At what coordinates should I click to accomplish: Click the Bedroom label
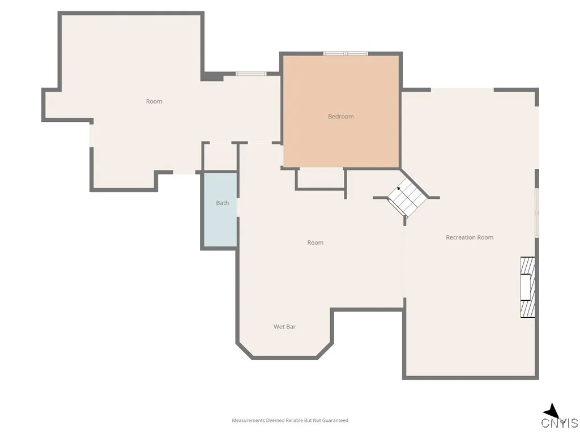tap(340, 117)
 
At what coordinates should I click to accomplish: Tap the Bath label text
tap(222, 203)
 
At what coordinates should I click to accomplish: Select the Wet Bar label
tap(284, 327)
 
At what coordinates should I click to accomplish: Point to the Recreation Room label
tap(470, 237)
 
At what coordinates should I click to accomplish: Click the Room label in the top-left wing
tap(154, 101)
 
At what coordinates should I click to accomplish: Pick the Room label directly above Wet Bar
tap(315, 242)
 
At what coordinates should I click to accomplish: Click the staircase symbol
tap(407, 197)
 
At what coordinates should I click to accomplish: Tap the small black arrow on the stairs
tap(399, 188)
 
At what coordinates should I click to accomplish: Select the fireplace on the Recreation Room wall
tap(528, 287)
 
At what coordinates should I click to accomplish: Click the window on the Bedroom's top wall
tap(346, 54)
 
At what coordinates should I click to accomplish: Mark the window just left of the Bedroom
tap(251, 73)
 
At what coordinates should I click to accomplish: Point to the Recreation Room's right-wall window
tap(536, 212)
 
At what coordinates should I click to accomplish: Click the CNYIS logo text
tap(559, 423)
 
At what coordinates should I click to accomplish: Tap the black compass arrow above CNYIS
tap(551, 411)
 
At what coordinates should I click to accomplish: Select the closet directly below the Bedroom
tap(320, 178)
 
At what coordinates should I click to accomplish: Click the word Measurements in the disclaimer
tap(248, 420)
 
